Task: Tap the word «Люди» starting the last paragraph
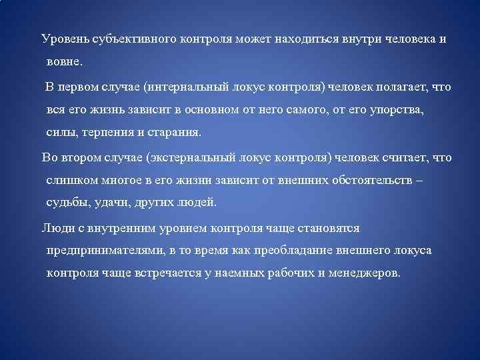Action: (x=56, y=228)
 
